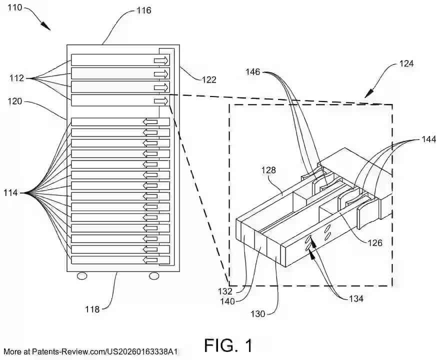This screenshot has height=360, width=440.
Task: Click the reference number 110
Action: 14,7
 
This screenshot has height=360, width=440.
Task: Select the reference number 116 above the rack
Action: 144,10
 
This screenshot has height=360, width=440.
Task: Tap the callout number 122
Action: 209,80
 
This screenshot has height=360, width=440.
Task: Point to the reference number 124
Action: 406,63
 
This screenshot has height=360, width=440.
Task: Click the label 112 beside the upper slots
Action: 16,78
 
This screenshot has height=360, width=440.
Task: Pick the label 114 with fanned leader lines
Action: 10,193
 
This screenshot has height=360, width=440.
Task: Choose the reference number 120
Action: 14,101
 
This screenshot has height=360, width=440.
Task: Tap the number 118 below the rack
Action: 92,309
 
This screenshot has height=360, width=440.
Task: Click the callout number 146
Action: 253,72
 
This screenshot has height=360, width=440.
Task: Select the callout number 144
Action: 429,139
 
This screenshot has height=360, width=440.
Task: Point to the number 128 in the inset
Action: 268,170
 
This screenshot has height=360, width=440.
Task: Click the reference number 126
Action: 375,242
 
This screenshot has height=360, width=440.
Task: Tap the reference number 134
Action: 356,299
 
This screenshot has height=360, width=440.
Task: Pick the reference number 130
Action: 257,313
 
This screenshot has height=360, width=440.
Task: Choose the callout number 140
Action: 227,301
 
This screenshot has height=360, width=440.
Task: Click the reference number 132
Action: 225,291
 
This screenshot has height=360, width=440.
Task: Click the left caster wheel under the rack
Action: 82,276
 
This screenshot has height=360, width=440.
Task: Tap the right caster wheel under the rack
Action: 154,276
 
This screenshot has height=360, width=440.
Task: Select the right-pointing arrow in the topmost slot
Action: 161,60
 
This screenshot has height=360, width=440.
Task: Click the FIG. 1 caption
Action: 228,345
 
